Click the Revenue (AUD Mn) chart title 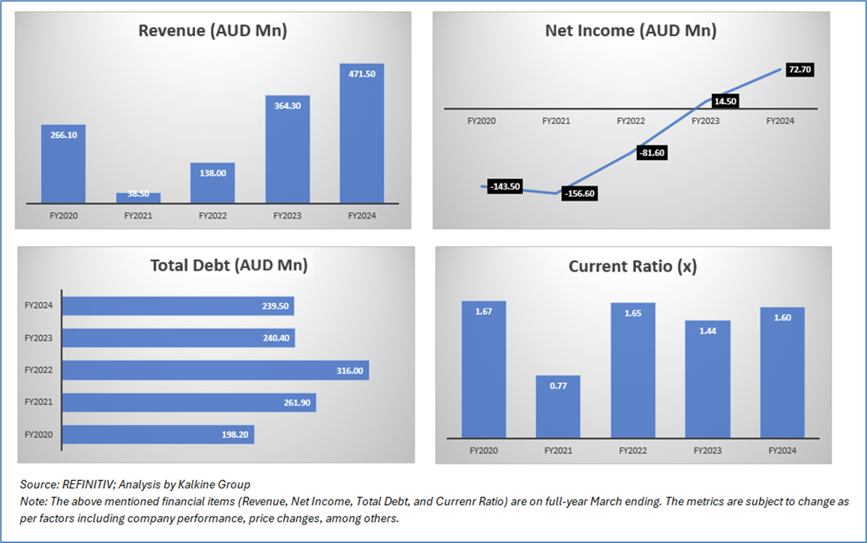(x=212, y=31)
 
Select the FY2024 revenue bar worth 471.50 (x=362, y=135)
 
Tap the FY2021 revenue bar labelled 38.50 (x=138, y=198)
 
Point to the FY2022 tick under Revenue (x=212, y=215)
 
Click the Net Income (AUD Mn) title (x=630, y=31)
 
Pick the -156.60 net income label (x=579, y=194)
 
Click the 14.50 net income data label (x=722, y=101)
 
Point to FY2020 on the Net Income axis (x=481, y=121)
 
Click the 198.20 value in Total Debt (x=233, y=434)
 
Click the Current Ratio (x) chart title (x=632, y=267)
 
